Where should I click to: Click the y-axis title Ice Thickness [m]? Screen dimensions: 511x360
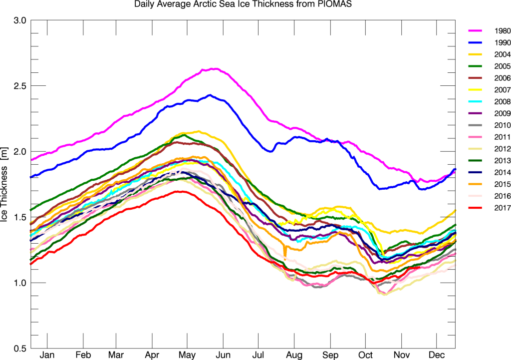pyautogui.click(x=4, y=194)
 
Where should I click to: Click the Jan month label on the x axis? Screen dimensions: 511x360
pyautogui.click(x=47, y=355)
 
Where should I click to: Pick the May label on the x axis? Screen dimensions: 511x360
pyautogui.click(x=187, y=355)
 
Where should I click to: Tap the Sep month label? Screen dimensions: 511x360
pyautogui.click(x=330, y=355)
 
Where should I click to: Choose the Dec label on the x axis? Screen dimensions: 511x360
pyautogui.click(x=437, y=355)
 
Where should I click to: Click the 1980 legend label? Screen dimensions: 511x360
pyautogui.click(x=503, y=31)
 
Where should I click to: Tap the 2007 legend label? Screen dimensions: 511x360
pyautogui.click(x=503, y=90)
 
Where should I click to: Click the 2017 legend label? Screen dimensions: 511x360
pyautogui.click(x=503, y=208)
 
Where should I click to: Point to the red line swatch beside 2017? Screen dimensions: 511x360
pyautogui.click(x=475, y=208)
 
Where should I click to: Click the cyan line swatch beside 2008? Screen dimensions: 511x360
pyautogui.click(x=475, y=102)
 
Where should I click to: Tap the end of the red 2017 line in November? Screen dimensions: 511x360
pyautogui.click(x=419, y=268)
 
